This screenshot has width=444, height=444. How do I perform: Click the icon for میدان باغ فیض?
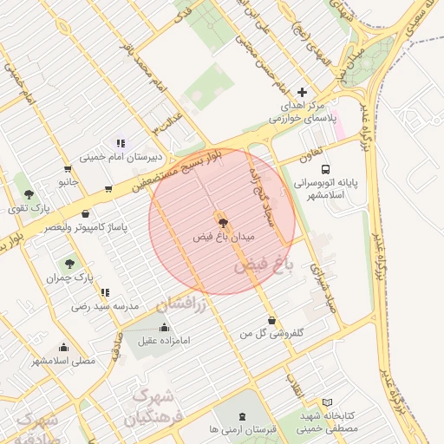click(222, 222)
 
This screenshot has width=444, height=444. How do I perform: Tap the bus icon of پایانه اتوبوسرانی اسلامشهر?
click(325, 170)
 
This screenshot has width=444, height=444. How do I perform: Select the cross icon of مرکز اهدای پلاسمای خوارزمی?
click(302, 92)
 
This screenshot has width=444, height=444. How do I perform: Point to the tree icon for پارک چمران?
click(69, 263)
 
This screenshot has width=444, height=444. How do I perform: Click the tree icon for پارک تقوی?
click(29, 195)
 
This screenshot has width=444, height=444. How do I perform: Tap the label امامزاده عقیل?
click(164, 343)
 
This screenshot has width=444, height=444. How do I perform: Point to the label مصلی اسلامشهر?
click(62, 360)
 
